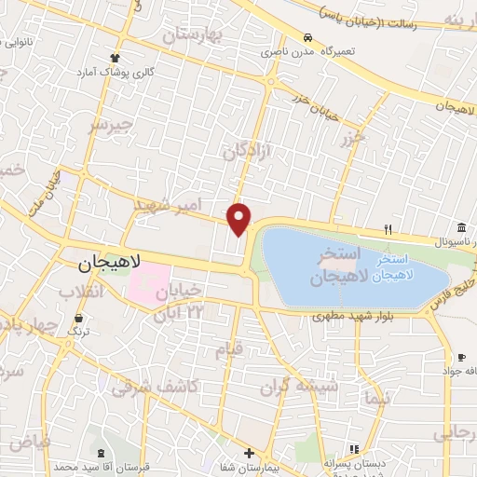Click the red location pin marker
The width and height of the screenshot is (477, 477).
239,219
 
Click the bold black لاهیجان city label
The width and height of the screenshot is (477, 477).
103,264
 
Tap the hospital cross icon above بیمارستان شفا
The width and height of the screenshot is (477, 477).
249,454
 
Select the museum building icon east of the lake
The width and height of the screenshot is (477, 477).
462,228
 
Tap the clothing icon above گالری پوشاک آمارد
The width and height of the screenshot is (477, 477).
115,58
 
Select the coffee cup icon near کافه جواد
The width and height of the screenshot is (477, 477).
461,357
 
